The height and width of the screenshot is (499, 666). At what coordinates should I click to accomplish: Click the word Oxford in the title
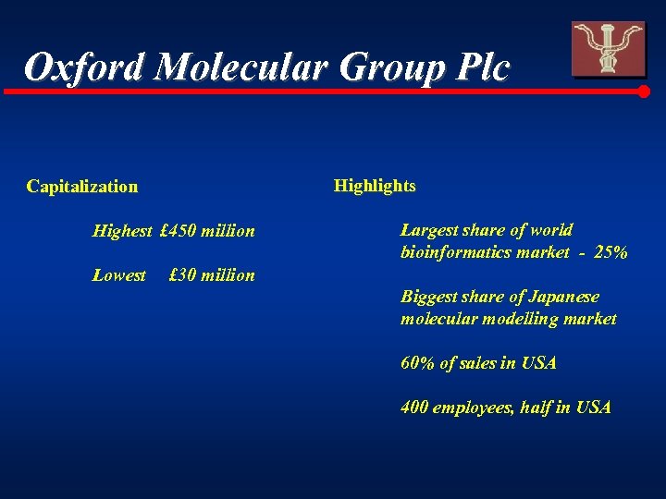[x=83, y=67]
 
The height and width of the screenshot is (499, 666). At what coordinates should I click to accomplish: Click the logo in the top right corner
[x=608, y=49]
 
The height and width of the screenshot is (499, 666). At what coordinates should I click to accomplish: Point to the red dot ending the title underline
[x=645, y=91]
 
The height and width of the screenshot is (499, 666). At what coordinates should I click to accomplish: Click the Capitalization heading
[x=82, y=187]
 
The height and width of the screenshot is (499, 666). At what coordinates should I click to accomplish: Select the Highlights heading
[x=375, y=186]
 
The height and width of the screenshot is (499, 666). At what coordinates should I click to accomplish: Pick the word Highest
[x=122, y=231]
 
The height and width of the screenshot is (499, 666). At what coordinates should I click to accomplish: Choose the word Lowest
[x=119, y=275]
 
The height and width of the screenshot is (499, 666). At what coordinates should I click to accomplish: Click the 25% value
[x=610, y=252]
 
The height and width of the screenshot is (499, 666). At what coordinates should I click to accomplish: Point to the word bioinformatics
[x=454, y=252]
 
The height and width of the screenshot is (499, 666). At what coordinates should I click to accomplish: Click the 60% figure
[x=418, y=363]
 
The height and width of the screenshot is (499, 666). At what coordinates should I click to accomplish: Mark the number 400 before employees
[x=414, y=408]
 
